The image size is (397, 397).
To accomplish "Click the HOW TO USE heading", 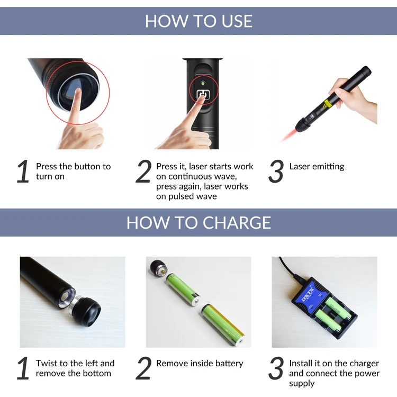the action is coord(198,21).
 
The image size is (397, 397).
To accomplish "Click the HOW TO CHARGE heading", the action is coord(198,222).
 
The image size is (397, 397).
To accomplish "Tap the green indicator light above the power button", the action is coord(203,83).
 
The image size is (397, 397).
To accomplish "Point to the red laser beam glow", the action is coord(288,135).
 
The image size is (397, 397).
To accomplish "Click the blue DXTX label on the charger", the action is coord(308,295).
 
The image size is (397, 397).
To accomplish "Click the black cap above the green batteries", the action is coord(158,268).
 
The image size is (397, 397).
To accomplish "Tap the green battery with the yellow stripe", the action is coord(223,325).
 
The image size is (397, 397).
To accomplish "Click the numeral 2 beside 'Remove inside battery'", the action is coord(143,368).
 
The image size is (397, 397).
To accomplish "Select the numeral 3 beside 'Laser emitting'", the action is coord(276,171).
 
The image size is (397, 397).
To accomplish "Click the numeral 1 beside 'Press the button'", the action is coord(23,171).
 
